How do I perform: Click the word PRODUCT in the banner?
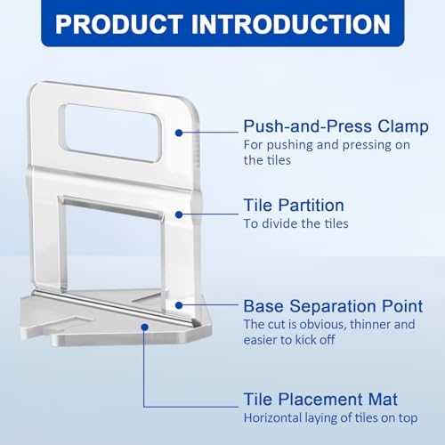[117, 23]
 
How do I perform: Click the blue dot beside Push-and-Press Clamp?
[179, 132]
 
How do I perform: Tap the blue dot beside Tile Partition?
[179, 214]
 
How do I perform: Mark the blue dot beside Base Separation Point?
[179, 304]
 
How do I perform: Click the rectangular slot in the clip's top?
[113, 132]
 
